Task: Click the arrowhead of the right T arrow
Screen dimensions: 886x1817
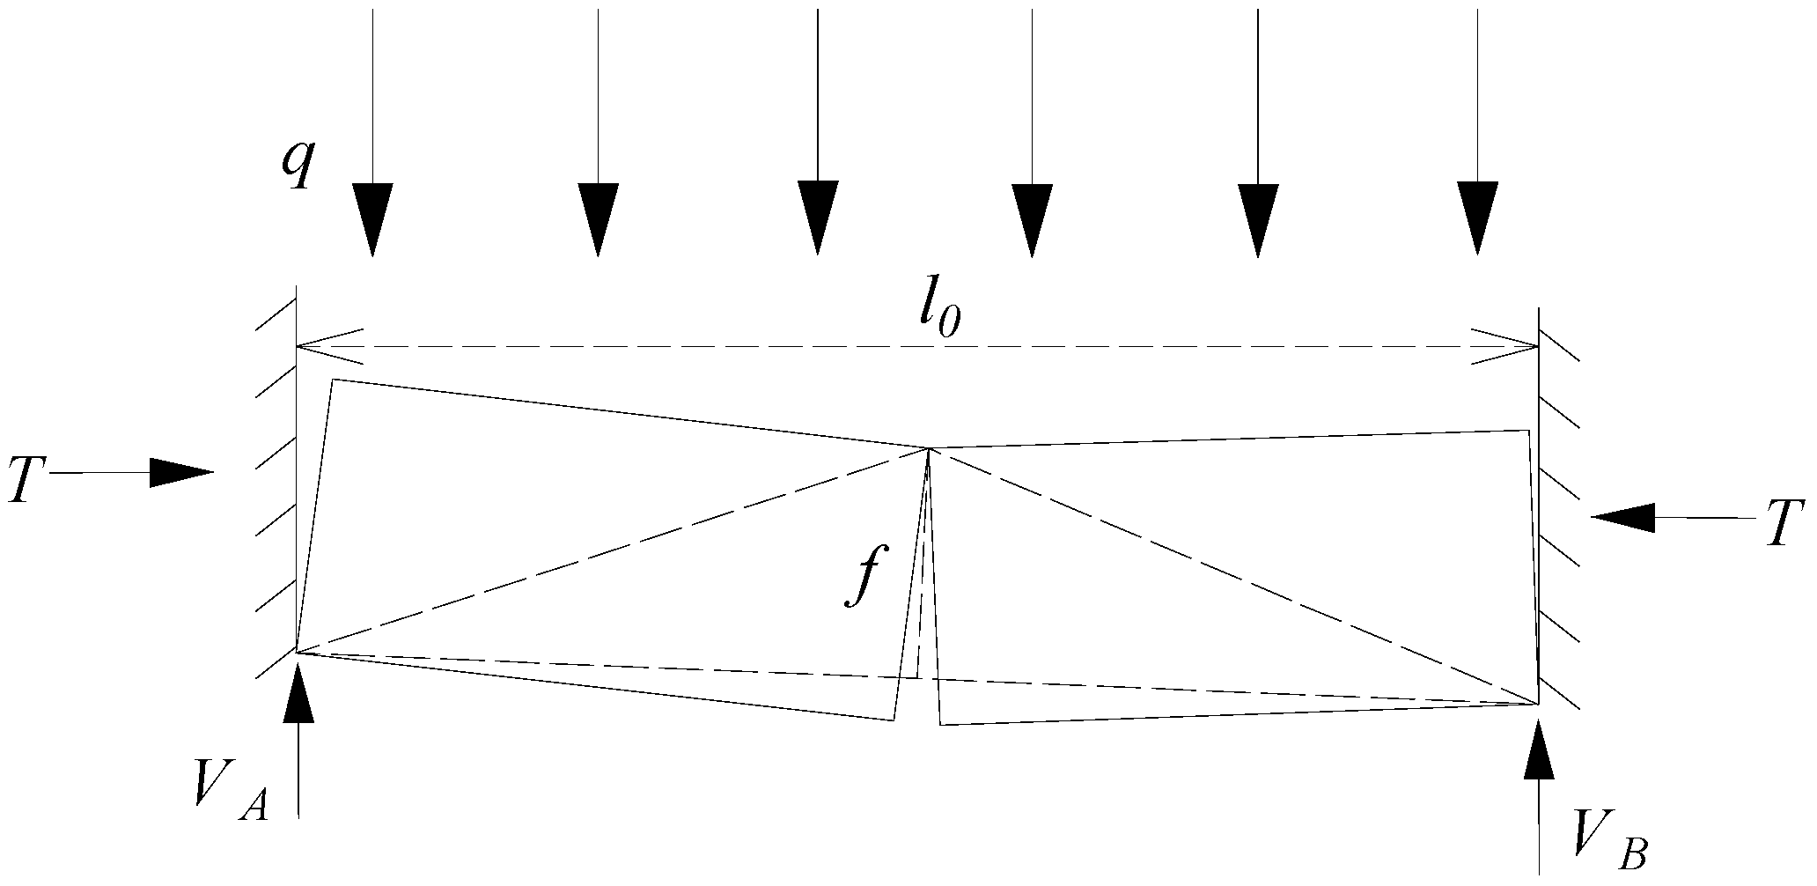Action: coord(1623,518)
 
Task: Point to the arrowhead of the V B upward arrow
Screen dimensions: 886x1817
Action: coord(1539,749)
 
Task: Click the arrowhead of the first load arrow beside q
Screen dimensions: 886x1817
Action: coord(372,220)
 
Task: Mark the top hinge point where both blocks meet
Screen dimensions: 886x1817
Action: coord(929,449)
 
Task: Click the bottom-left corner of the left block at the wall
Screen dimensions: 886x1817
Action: coord(297,653)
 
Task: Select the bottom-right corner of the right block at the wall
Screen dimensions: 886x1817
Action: coord(1538,704)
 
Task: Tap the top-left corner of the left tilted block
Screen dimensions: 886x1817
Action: coord(333,380)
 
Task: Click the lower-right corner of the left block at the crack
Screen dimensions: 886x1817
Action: coord(894,720)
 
